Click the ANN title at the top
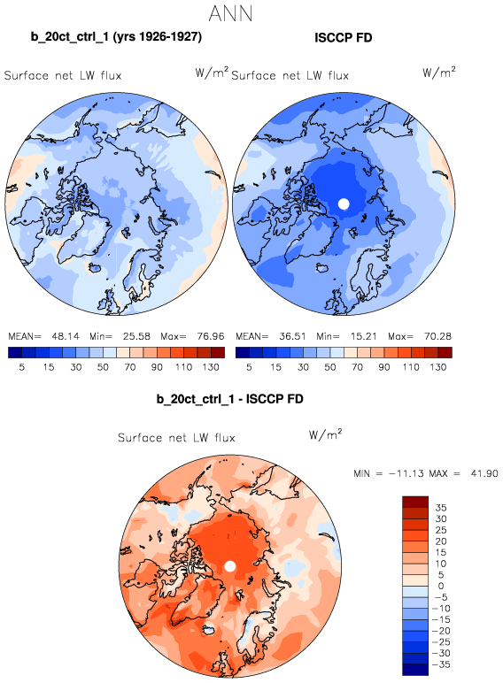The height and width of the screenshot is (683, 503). tap(230, 13)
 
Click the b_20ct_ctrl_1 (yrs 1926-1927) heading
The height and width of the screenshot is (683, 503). tap(116, 36)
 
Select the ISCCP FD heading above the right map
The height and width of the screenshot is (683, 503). tap(344, 38)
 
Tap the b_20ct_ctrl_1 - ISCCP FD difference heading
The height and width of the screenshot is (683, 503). tap(230, 399)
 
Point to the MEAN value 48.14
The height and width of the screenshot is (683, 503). tap(66, 336)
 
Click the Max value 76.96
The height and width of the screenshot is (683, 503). tap(211, 336)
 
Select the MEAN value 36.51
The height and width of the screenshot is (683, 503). tap(293, 336)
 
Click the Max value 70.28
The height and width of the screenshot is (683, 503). tap(438, 336)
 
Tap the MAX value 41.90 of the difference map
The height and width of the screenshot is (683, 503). tap(484, 473)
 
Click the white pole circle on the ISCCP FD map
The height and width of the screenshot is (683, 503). tap(344, 203)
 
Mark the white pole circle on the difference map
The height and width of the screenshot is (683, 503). tap(230, 566)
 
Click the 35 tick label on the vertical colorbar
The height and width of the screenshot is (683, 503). tap(441, 508)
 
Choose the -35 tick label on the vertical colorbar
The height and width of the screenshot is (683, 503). tap(441, 664)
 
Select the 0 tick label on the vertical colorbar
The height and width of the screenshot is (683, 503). tap(441, 587)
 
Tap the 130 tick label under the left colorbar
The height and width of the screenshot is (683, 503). tap(211, 367)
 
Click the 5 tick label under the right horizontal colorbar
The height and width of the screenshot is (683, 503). tap(249, 367)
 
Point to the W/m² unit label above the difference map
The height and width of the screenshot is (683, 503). tap(326, 434)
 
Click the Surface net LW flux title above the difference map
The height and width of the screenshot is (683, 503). tap(176, 438)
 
